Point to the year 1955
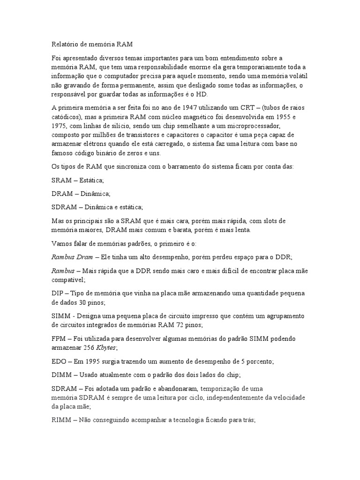tap(293, 117)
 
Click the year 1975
tap(60, 127)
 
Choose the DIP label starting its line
tap(57, 293)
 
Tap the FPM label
tap(58, 338)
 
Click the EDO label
tap(58, 361)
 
